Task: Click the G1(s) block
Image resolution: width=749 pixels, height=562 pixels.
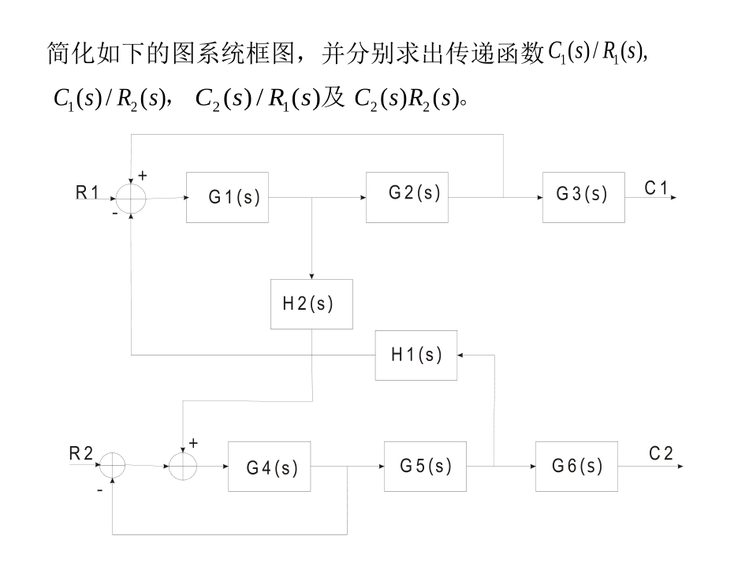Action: [x=227, y=197]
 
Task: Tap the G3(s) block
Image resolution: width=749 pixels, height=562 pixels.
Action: [x=583, y=197]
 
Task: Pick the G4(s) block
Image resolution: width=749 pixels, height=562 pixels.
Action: [x=269, y=467]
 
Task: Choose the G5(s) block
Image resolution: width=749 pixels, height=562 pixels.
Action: [x=425, y=466]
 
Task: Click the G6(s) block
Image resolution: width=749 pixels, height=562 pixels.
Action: [x=576, y=466]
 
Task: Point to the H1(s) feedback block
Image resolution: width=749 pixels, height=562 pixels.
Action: [x=415, y=355]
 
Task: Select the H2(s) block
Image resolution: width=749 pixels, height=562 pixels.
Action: [x=311, y=303]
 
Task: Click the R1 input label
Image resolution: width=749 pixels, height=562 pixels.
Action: [x=89, y=191]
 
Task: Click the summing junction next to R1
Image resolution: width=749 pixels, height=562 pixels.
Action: [x=131, y=198]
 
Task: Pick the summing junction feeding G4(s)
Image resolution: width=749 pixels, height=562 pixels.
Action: [x=183, y=466]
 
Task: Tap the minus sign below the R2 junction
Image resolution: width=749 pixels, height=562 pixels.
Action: [x=99, y=489]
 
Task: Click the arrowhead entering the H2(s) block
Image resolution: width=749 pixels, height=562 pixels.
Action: [x=312, y=276]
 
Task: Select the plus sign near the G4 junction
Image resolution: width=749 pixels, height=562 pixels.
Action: [x=193, y=444]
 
